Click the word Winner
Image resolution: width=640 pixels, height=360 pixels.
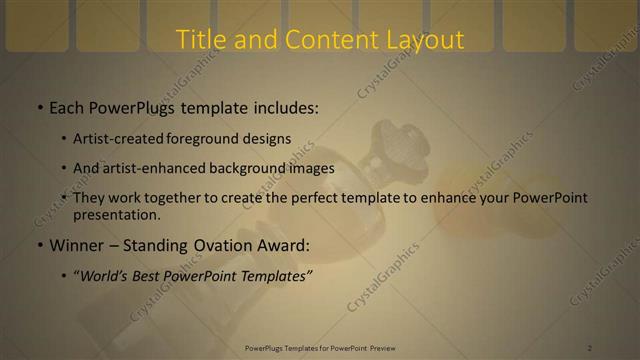(78, 245)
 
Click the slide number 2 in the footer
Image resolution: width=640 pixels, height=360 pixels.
(590, 348)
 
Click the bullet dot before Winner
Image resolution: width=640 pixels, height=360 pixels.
(39, 246)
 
